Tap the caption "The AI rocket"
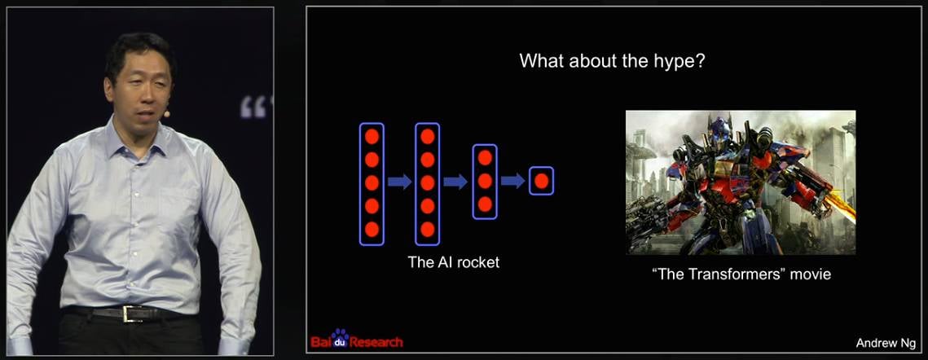[x=453, y=262]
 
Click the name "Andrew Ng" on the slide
[x=886, y=344]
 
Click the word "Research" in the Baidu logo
[x=376, y=342]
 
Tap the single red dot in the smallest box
[x=542, y=181]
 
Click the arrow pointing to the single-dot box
[x=512, y=181]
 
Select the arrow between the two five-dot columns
[x=399, y=181]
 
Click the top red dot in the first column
[x=372, y=136]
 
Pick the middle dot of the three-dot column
[x=485, y=181]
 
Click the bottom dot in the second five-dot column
[x=428, y=229]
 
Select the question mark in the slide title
[x=700, y=61]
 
